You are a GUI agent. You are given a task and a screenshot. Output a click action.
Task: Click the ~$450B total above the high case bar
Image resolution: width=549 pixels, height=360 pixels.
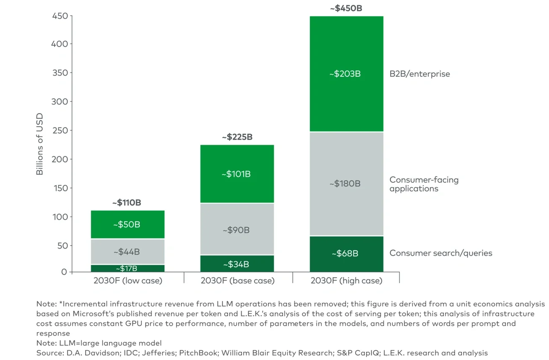coord(346,8)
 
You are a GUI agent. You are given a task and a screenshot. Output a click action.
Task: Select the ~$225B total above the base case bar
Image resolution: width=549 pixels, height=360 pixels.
coord(237,137)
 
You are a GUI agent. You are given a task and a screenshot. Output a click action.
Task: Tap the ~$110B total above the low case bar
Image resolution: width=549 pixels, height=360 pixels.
coord(127,203)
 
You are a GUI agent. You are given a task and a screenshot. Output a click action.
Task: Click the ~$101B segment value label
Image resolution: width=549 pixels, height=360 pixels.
coord(237,174)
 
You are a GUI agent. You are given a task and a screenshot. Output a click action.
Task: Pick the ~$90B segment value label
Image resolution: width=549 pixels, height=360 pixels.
coord(237,230)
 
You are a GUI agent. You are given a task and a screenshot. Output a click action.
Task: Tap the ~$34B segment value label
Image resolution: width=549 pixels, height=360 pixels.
coord(237,265)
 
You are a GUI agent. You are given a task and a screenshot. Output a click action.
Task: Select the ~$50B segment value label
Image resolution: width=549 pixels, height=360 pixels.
coord(127,225)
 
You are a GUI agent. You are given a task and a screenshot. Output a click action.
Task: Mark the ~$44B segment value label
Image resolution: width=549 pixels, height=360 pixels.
coord(127,252)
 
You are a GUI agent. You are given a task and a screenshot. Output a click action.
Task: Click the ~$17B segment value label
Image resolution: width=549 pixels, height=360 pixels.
coord(127,268)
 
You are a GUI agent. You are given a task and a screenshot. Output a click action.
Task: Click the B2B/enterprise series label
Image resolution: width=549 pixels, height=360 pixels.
coord(419,74)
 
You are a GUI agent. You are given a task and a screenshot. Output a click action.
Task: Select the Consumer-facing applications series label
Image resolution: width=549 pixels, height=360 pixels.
coord(424,184)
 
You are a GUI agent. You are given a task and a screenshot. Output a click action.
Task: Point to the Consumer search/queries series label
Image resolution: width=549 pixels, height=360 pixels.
coord(440,253)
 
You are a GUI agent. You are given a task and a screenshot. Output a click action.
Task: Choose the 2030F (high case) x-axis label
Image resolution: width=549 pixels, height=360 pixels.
coord(346,281)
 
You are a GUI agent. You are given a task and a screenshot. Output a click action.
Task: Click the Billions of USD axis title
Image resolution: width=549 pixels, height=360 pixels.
coord(40,143)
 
